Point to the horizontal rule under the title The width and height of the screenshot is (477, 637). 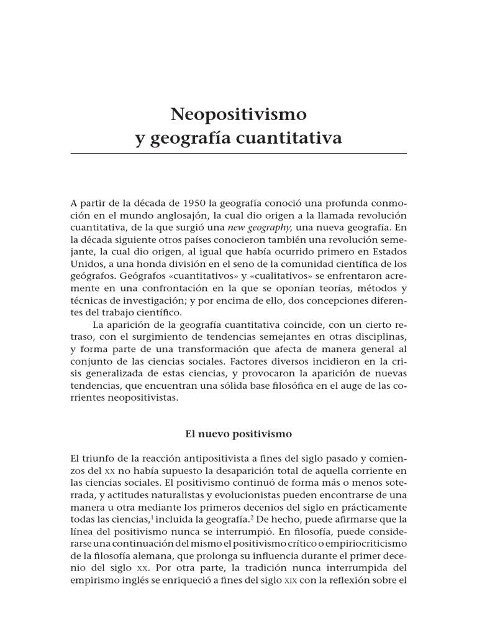pos(238,153)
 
